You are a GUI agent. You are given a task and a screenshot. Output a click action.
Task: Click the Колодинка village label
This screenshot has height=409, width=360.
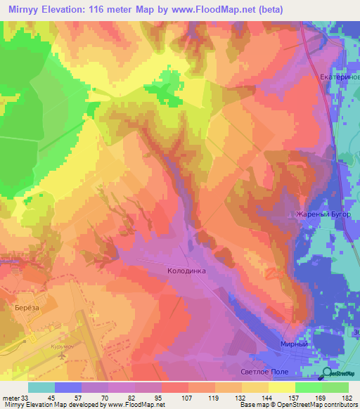186,269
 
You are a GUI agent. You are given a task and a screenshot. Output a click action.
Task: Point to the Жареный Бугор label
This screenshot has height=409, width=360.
318,214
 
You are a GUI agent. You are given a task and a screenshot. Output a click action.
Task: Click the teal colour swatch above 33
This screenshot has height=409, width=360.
41,387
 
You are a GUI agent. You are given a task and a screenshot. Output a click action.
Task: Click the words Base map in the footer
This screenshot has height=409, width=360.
252,405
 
